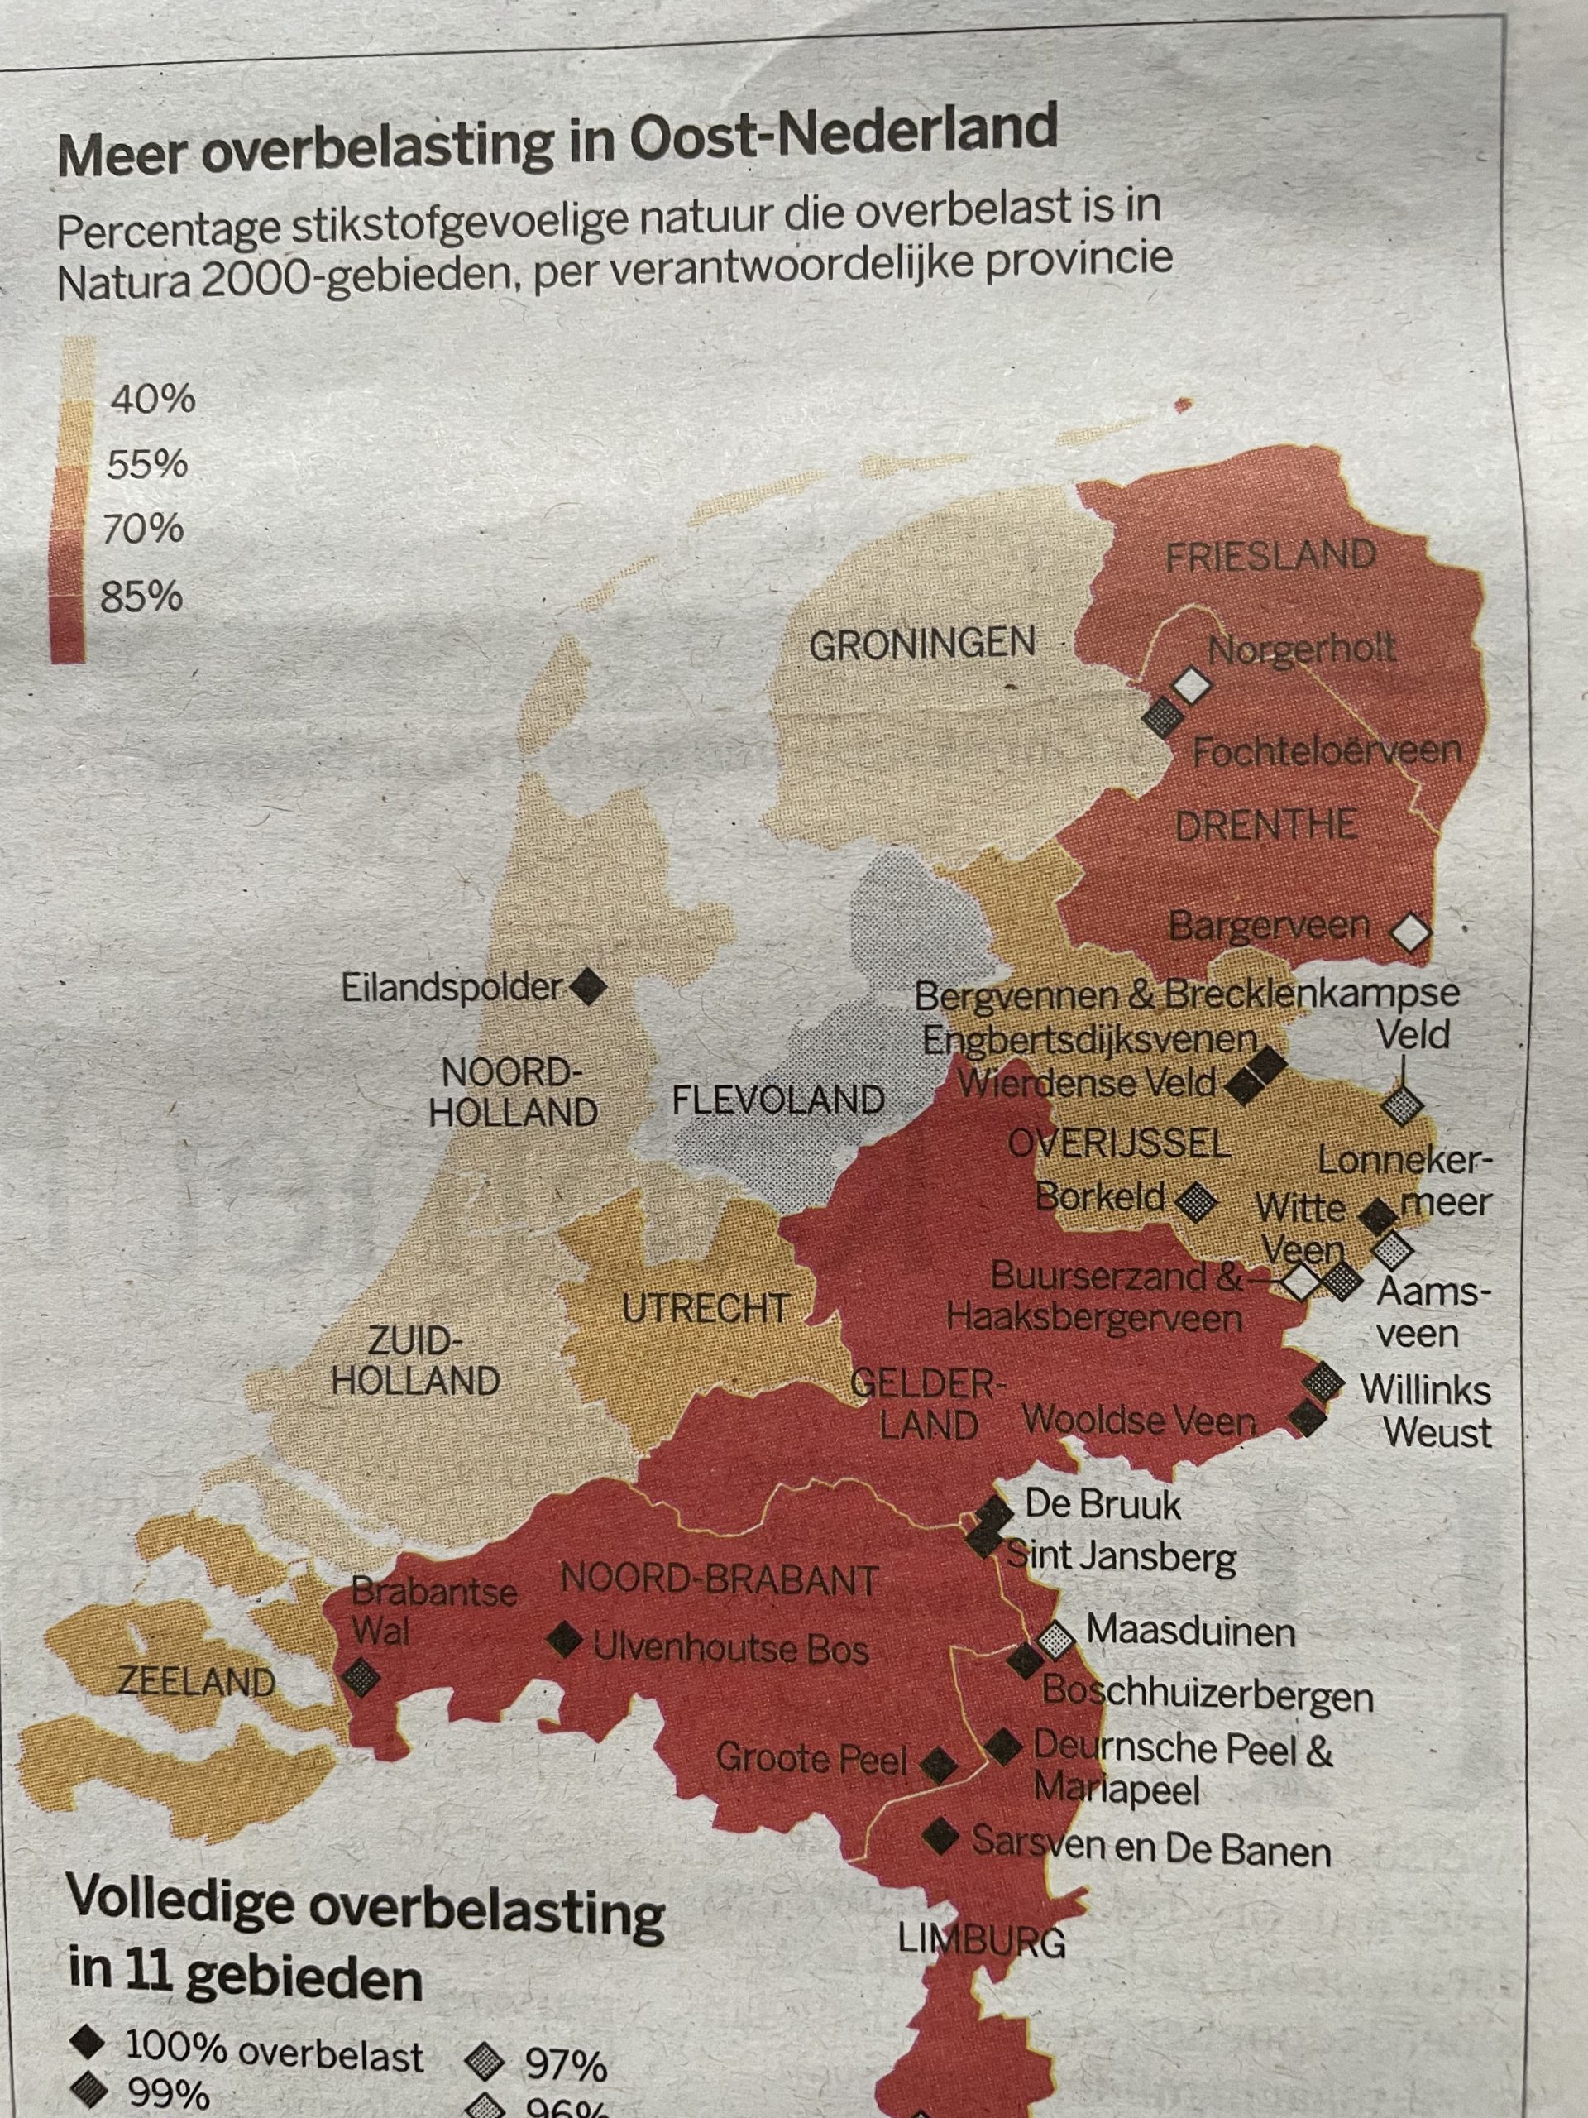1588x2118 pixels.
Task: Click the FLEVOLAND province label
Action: point(777,1100)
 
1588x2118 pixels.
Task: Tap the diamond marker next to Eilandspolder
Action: point(588,986)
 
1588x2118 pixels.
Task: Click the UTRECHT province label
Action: point(706,1308)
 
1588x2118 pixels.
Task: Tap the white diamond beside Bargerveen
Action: point(1411,932)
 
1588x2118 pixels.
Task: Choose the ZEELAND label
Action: point(196,1680)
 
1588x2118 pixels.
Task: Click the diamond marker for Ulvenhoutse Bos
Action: point(565,1640)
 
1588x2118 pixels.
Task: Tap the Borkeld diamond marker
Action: point(1194,1200)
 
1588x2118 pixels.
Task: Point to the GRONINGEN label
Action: point(922,643)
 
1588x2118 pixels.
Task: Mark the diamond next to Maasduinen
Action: point(1056,1640)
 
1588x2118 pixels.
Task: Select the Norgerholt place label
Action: point(1301,650)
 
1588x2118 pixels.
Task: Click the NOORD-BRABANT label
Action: point(719,1579)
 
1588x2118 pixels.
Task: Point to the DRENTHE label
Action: point(1265,824)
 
